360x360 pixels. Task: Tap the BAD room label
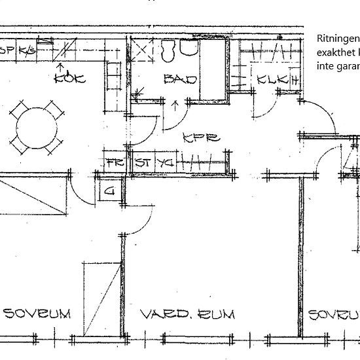[180, 79]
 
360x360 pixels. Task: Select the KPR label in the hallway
[200, 138]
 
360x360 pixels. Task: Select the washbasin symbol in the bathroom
[189, 49]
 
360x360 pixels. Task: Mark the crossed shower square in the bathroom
[141, 51]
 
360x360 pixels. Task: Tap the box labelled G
[109, 192]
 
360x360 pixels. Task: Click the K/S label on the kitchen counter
[27, 50]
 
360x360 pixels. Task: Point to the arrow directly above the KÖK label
[61, 67]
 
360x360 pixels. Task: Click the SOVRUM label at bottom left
[37, 314]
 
